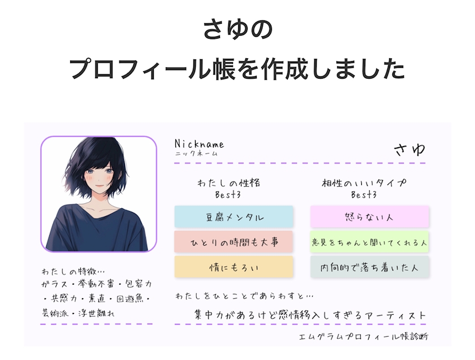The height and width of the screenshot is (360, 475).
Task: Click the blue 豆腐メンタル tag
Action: click(x=234, y=217)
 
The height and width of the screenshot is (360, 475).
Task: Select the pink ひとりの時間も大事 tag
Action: click(x=234, y=242)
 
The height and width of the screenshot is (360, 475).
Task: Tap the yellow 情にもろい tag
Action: click(x=234, y=267)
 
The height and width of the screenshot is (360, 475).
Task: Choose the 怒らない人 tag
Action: click(x=370, y=217)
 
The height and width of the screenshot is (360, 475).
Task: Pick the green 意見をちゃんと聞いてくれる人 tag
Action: click(x=370, y=242)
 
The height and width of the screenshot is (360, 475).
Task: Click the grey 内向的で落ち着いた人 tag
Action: click(x=370, y=267)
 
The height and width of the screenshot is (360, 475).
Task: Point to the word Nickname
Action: click(x=199, y=144)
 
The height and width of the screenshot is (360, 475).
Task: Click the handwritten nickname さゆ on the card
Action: click(x=410, y=149)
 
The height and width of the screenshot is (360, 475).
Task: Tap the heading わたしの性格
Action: click(x=228, y=183)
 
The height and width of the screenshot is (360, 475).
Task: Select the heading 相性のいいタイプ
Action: click(x=364, y=183)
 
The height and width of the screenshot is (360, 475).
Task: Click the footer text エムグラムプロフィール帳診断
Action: click(x=364, y=337)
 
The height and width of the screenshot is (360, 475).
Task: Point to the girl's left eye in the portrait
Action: click(x=108, y=172)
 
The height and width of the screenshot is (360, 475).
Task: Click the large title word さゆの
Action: click(x=238, y=29)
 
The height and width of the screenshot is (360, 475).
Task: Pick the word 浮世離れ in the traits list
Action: click(x=96, y=313)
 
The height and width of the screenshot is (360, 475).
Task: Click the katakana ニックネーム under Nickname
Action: click(x=196, y=154)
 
